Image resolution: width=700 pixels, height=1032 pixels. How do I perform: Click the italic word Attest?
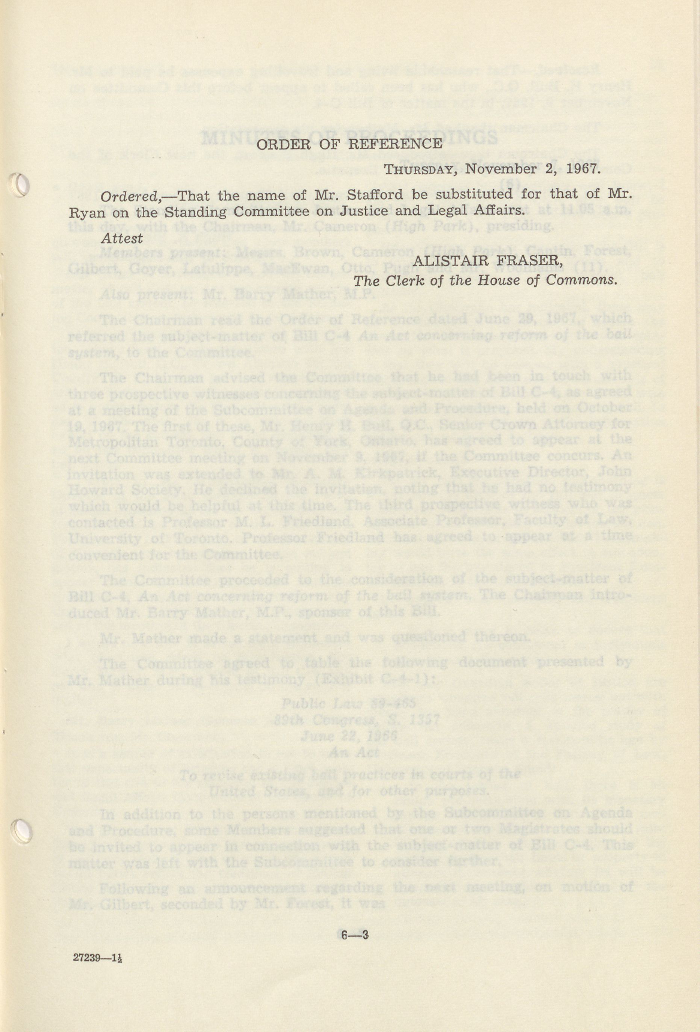tap(122, 238)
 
